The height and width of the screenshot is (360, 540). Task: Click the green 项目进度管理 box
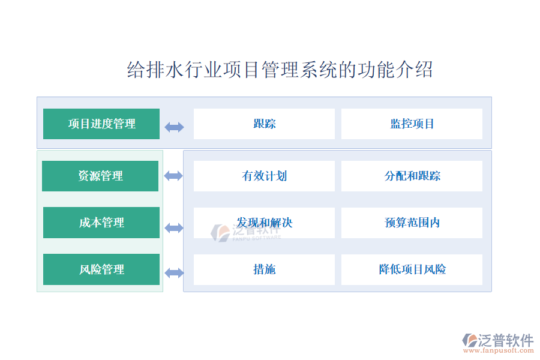101,124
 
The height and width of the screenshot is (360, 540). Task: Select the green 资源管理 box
100,176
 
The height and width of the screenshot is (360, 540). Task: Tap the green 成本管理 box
101,223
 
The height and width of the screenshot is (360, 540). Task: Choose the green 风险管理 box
101,269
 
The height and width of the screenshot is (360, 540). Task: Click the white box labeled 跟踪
264,124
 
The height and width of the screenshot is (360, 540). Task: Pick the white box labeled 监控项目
412,124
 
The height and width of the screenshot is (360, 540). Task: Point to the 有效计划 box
264,176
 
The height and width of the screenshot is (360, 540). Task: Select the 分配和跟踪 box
412,176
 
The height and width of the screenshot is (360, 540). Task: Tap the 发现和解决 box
264,223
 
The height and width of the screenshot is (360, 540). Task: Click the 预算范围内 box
412,223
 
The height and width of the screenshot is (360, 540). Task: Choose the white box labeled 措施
264,269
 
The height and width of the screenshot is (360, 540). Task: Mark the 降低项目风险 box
412,269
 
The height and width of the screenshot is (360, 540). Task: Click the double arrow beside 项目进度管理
174,127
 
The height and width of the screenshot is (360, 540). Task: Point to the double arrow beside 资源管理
173,176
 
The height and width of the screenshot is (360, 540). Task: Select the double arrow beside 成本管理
174,228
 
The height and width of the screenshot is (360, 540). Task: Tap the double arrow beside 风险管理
174,273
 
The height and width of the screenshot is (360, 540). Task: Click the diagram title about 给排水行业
280,70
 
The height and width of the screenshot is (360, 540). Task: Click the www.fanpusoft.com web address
499,350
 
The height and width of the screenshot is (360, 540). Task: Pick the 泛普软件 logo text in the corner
506,340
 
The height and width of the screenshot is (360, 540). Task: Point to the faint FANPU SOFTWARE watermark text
257,238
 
